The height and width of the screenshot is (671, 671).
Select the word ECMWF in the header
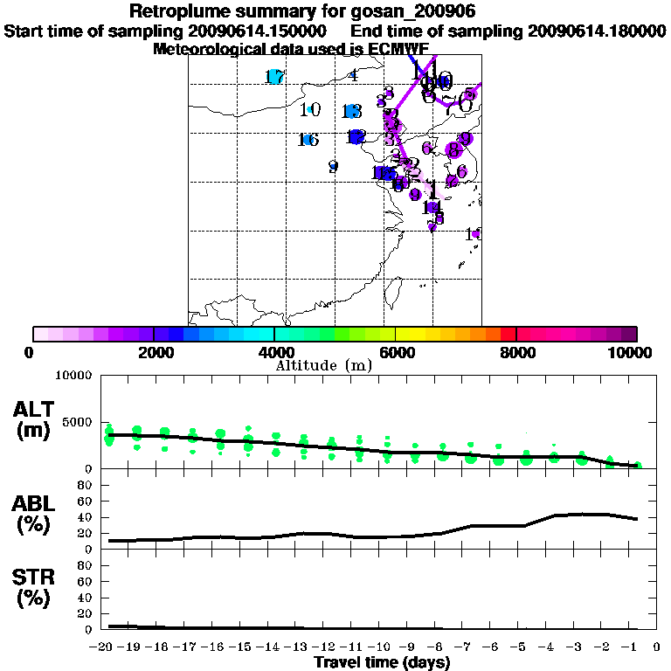click(x=399, y=50)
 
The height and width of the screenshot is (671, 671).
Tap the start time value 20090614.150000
click(x=269, y=31)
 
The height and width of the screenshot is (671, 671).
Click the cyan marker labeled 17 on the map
click(x=275, y=77)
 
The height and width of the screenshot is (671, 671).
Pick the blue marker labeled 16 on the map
click(x=308, y=140)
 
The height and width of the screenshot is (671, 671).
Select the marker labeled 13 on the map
click(x=351, y=111)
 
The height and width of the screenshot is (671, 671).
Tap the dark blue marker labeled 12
click(x=356, y=137)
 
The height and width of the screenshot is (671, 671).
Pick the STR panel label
click(x=33, y=588)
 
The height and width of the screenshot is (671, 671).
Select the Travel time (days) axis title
click(x=382, y=662)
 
